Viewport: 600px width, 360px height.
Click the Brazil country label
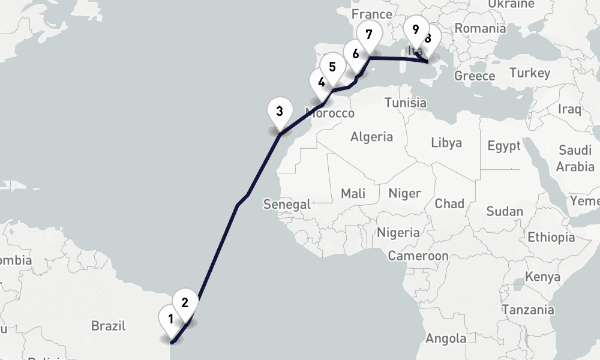pos(109,326)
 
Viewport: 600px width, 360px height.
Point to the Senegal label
pos(287,204)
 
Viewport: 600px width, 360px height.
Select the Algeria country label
pos(371,137)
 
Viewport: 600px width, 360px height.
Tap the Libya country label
pos(446,143)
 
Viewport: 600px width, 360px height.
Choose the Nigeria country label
pos(398,232)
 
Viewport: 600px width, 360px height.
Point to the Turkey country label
pos(530,73)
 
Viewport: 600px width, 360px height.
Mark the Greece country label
pos(475,76)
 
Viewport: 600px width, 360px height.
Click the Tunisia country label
pos(406,103)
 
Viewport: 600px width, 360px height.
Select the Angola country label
pos(445,338)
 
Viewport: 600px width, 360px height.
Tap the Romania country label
pos(480,28)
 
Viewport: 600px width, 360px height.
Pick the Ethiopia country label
pos(551,238)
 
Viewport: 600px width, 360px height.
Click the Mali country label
pos(353,193)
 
